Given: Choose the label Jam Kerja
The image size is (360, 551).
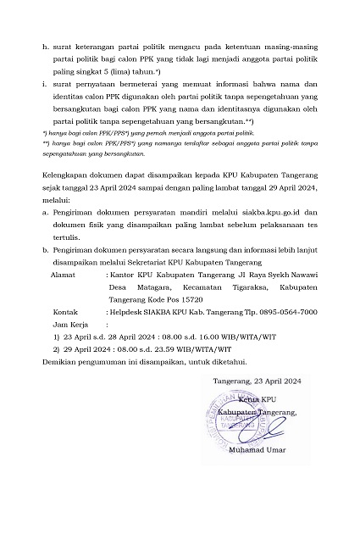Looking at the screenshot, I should (x=69, y=324).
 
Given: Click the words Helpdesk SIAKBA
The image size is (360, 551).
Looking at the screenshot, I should (x=141, y=312).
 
